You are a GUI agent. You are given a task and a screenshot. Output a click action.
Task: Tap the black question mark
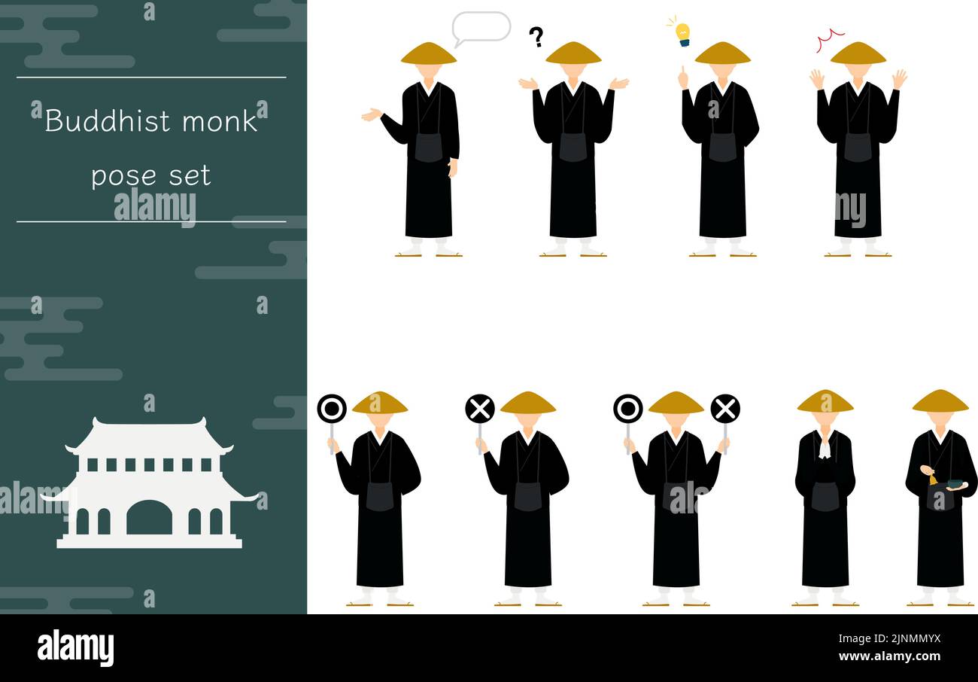(536, 37)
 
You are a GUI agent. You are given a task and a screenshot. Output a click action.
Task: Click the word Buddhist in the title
(107, 121)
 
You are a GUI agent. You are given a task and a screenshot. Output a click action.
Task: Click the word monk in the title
(220, 121)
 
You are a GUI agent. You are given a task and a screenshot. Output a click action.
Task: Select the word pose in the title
(123, 176)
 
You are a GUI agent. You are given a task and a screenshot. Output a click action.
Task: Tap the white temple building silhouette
(149, 483)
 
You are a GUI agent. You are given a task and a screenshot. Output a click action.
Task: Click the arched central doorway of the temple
(149, 517)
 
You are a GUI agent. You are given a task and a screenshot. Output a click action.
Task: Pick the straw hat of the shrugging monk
(573, 53)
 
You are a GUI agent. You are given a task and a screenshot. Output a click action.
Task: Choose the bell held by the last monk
(933, 480)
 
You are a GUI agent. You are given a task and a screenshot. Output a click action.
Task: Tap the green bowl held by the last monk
(955, 484)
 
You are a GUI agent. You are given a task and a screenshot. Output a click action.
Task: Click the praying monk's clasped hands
(825, 450)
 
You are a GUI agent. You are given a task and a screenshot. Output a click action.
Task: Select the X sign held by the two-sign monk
(725, 409)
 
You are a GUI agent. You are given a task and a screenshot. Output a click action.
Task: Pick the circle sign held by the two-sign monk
(628, 409)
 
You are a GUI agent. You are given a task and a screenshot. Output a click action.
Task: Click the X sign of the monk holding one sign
(480, 409)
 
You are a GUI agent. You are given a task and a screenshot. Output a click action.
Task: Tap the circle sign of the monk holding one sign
(332, 409)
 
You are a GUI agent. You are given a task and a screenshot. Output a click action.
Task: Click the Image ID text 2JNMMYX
(915, 639)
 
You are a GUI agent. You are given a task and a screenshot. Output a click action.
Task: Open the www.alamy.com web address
(889, 656)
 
